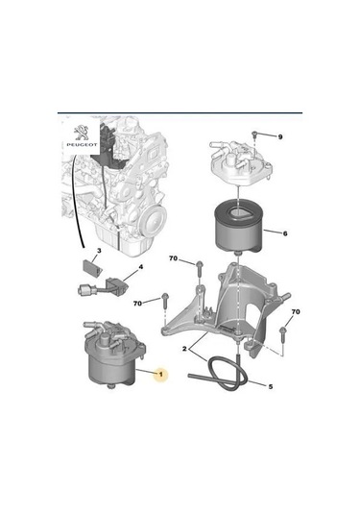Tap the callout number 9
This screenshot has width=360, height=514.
(x=280, y=136)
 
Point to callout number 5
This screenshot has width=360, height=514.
(x=270, y=386)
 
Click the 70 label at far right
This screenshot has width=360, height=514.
(x=296, y=312)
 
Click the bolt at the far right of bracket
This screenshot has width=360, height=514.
(x=284, y=334)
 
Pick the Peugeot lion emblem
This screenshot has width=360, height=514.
(x=84, y=132)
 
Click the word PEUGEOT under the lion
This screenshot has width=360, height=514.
(x=84, y=150)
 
